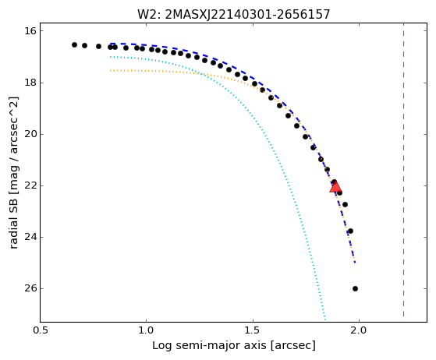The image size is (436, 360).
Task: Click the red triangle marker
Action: point(335,186)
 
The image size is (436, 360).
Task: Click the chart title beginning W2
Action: point(234,14)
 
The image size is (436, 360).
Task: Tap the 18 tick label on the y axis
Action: point(30,83)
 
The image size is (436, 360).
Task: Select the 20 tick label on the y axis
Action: point(30,134)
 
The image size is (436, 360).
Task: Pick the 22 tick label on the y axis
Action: point(30,185)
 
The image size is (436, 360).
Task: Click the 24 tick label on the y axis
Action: point(30,237)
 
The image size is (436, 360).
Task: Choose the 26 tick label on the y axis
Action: point(30,288)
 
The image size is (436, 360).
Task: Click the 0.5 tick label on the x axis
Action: point(41,330)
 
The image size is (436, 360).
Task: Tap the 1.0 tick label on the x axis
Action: point(146,330)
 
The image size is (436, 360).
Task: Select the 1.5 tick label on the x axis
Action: point(253,330)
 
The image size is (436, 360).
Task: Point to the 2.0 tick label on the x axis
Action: point(360,330)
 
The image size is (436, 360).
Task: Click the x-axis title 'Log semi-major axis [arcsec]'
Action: point(234,345)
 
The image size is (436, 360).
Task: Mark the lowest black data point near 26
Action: point(355,288)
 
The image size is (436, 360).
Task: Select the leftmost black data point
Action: point(74,44)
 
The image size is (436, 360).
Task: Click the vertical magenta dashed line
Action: point(403,173)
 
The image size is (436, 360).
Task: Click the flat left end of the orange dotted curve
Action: point(111,71)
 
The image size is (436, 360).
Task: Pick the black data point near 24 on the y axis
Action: point(350,231)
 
